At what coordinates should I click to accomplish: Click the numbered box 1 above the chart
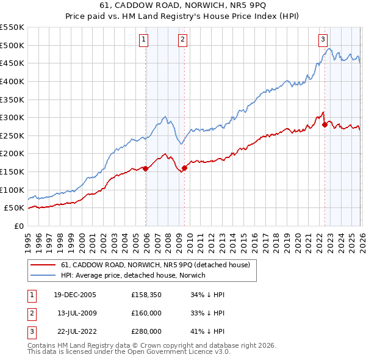click(x=143, y=40)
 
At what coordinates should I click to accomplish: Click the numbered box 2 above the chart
click(x=182, y=40)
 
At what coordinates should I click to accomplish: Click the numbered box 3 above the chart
click(x=322, y=40)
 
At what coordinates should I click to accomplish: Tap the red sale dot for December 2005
click(x=145, y=169)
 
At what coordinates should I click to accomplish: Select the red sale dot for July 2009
click(x=184, y=168)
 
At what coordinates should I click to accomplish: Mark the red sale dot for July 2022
click(x=325, y=125)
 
